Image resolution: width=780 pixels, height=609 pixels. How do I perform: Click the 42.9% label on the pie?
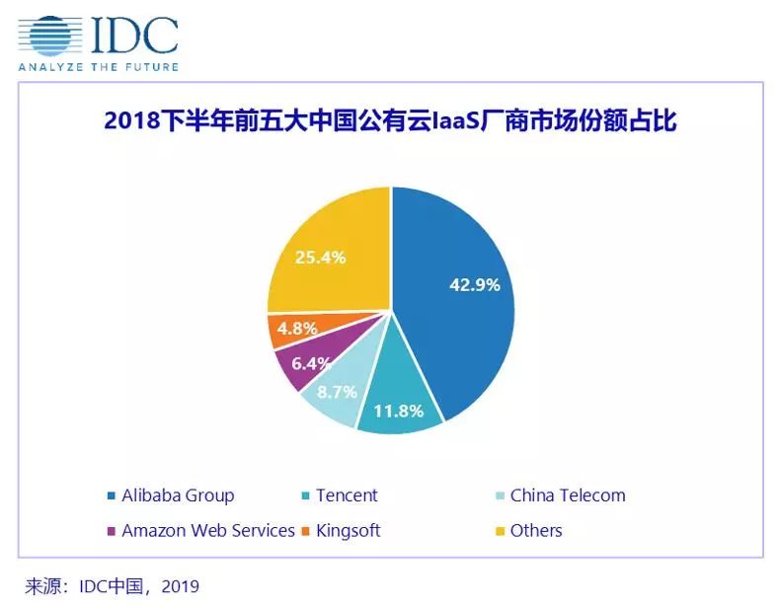475,285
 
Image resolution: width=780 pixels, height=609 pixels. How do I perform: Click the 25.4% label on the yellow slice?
320,258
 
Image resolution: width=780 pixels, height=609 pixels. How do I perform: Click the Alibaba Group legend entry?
177,495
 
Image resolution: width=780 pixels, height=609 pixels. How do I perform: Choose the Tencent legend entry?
347,495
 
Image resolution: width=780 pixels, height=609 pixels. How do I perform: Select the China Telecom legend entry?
568,495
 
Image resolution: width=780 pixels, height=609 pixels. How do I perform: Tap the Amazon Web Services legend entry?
207,531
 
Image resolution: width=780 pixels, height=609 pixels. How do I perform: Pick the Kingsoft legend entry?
348,531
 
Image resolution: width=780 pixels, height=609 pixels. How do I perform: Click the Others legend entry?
536,531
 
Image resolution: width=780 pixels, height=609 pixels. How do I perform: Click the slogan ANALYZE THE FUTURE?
98,67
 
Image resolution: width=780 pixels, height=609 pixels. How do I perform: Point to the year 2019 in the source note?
179,586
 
